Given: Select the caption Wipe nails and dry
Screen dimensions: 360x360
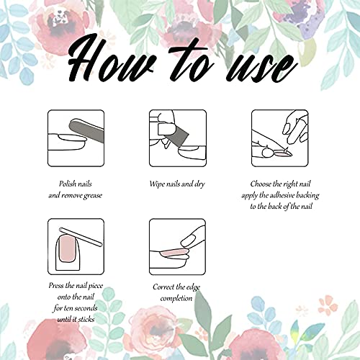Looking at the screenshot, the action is [x=177, y=184].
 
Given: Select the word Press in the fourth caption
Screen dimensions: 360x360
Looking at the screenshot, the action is [x=56, y=285].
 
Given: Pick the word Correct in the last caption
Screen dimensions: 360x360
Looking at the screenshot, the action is [x=163, y=287].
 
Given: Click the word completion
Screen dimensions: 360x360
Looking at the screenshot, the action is [x=176, y=299].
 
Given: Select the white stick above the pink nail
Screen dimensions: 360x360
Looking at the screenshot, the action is [x=81, y=237].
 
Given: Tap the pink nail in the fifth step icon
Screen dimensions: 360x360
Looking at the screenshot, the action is [x=174, y=253].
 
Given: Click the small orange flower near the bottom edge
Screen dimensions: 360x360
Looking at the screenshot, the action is [x=327, y=305].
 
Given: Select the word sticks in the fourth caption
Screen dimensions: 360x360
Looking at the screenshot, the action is [x=86, y=320].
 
